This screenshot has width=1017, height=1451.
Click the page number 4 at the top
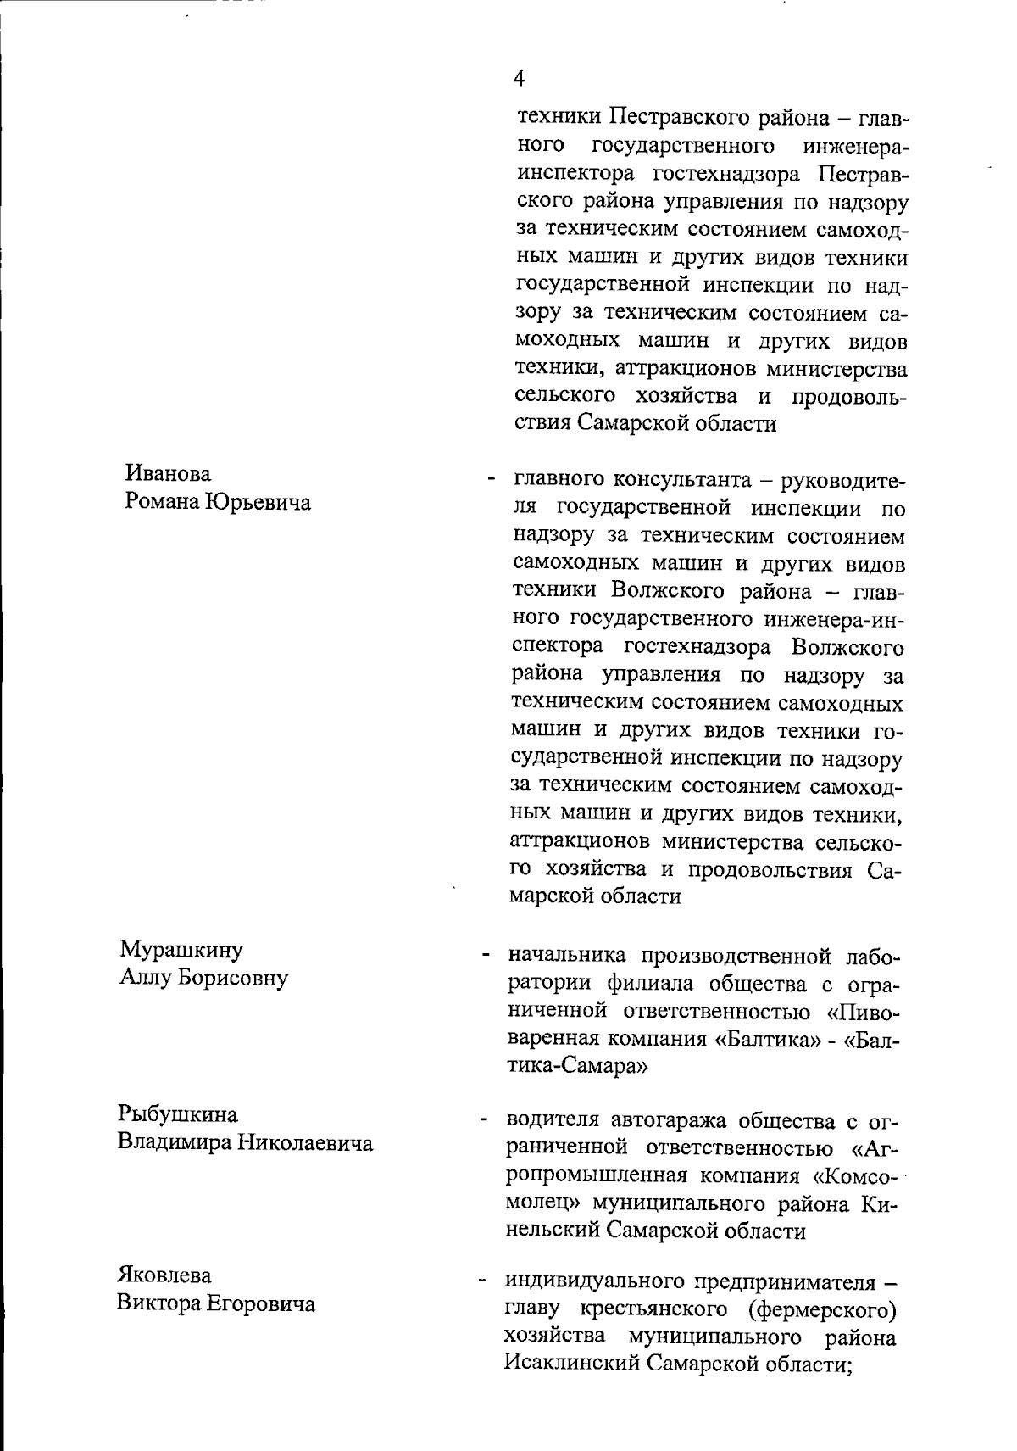(520, 79)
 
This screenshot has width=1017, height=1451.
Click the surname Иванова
(168, 473)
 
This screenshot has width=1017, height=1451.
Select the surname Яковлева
(164, 1275)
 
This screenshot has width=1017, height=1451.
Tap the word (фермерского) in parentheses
(822, 1310)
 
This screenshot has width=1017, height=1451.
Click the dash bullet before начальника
(486, 957)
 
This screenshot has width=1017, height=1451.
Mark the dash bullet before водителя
(485, 1122)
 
